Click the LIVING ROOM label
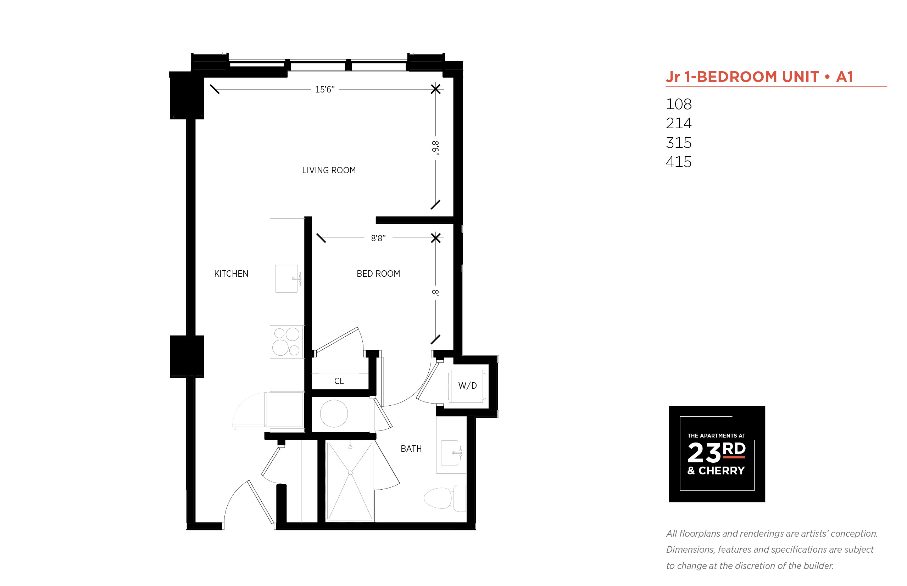coord(329,170)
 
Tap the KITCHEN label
coord(231,274)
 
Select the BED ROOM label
coord(378,274)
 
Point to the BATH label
coord(411,449)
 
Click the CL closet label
coord(339,381)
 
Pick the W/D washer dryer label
coord(468,385)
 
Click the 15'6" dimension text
coord(325,89)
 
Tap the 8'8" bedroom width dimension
coord(378,238)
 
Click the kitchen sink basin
coord(286,278)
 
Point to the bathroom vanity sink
coord(449,453)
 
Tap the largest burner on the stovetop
coord(280,348)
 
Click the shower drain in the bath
coord(350,473)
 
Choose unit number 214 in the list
coord(679,123)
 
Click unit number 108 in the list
coord(679,104)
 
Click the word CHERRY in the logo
coord(722,471)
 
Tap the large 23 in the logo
coord(705,453)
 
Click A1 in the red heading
coord(845,77)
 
